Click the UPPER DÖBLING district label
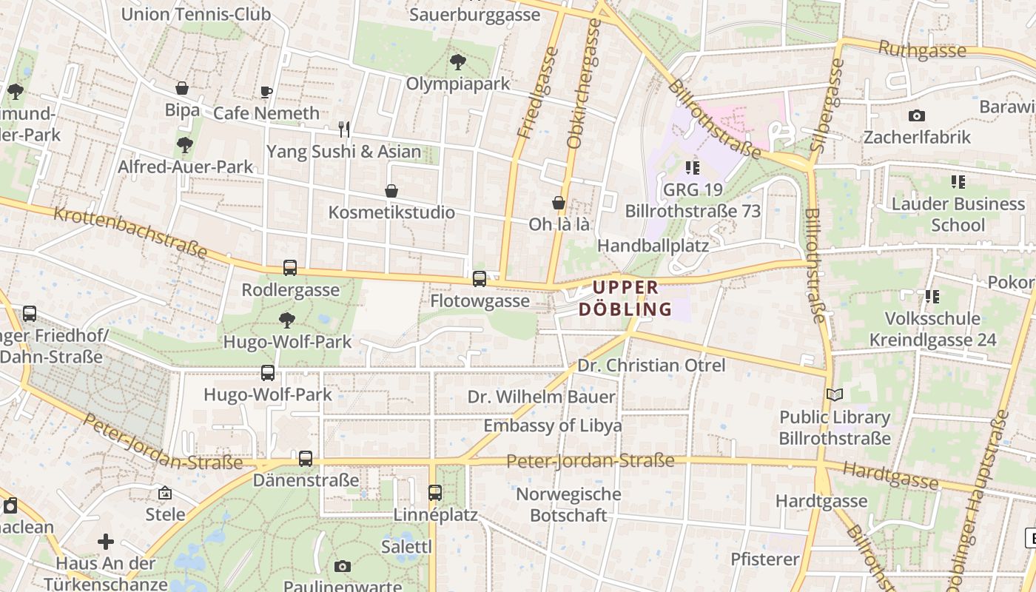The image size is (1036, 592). tap(625, 298)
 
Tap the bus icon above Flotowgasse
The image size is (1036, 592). tap(480, 279)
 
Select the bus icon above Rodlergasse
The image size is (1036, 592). tap(290, 268)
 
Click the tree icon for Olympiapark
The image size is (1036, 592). tap(458, 62)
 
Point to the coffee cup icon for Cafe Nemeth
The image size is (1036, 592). tap(266, 92)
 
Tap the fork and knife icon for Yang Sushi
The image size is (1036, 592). tap(344, 129)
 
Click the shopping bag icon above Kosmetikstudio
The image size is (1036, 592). tap(391, 191)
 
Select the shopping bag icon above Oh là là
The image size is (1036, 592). tap(559, 203)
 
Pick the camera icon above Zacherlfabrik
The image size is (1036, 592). tap(916, 115)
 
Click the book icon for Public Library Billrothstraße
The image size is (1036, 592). tap(835, 395)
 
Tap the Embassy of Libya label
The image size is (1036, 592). tap(552, 425)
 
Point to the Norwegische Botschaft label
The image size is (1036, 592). tap(568, 504)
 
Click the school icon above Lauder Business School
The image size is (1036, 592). tap(958, 181)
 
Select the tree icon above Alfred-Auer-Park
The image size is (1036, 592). tap(185, 145)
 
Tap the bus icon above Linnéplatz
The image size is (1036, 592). tap(435, 492)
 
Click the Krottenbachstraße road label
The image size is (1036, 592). tap(130, 232)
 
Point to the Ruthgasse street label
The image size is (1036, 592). tap(922, 50)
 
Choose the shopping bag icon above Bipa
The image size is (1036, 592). tap(182, 88)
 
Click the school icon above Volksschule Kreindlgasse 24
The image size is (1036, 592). tap(932, 297)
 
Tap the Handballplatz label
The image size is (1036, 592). tap(653, 245)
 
